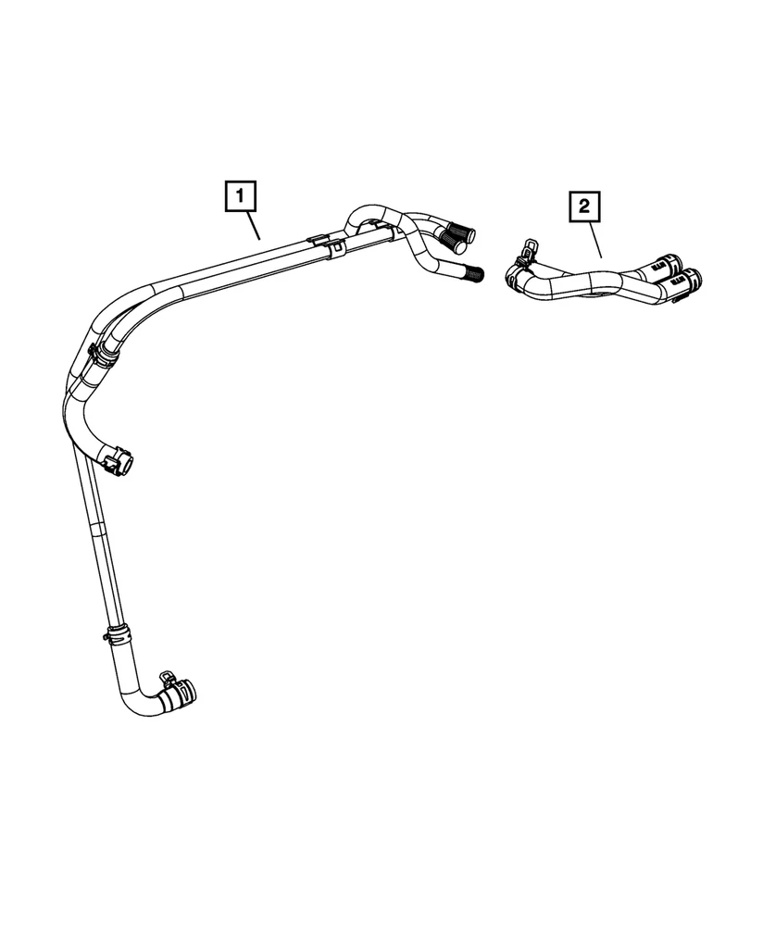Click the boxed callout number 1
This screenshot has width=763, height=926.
pos(240,195)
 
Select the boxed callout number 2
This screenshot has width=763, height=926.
pos(584,206)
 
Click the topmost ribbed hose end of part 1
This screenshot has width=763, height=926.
pos(463,231)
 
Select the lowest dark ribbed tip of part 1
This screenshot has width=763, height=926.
pos(473,272)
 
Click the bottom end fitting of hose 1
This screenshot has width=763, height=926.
pos(180,695)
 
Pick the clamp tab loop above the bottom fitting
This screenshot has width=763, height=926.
pos(167,679)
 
